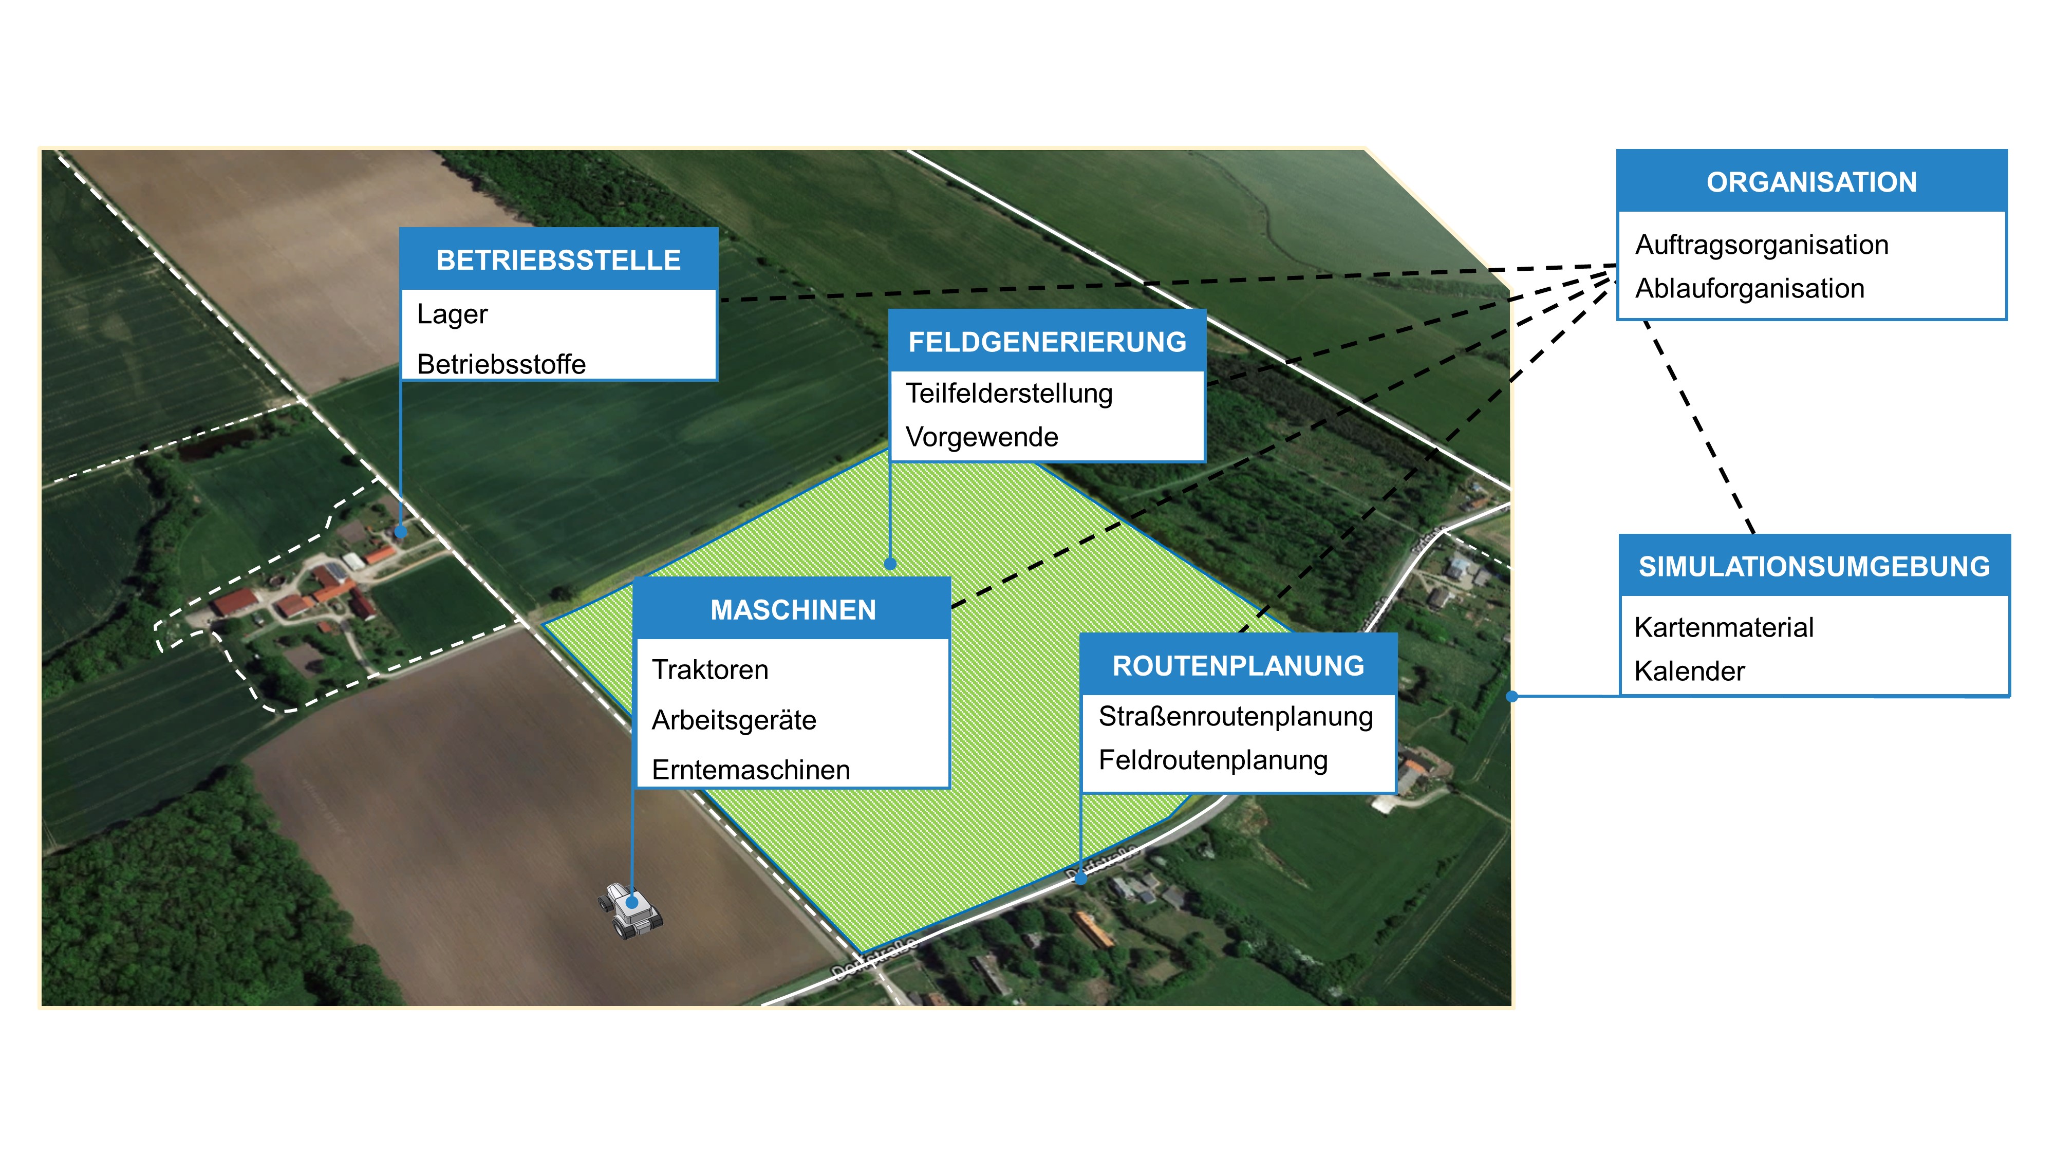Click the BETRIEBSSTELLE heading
558,260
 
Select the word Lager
452,314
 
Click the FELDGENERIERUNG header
1047,342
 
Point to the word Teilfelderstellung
1008,394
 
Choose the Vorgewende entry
981,437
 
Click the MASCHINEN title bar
793,610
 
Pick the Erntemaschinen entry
751,770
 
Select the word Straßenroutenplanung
1236,716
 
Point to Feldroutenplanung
1212,760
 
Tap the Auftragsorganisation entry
1762,245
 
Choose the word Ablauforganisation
1749,289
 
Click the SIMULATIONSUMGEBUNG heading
1814,566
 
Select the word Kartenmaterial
1723,628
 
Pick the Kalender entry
1689,672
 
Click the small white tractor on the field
630,909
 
